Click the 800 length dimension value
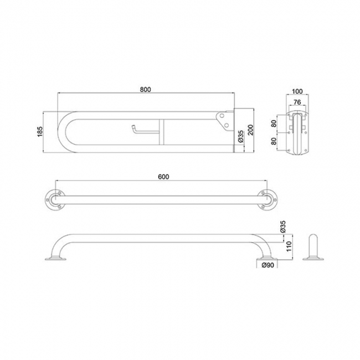tap(146, 90)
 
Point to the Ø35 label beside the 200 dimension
tap(241, 136)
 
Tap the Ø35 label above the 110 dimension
tap(282, 227)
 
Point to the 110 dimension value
tap(288, 246)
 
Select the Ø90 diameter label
tap(268, 266)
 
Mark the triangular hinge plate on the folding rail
tap(223, 119)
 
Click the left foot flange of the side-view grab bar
tap(55, 259)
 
